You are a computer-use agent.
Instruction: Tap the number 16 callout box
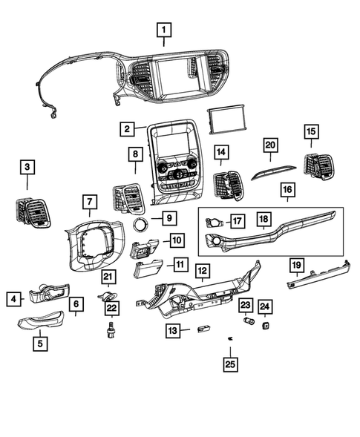point(288,190)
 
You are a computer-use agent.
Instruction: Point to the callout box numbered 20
point(270,144)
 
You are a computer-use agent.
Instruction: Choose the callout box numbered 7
point(88,201)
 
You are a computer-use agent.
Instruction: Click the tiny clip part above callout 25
point(231,338)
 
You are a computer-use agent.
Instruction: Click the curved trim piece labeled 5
point(46,321)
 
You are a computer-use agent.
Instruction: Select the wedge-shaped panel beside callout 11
point(149,269)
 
